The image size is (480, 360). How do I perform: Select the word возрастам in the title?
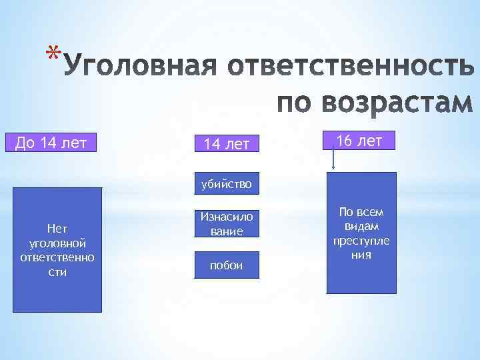(399, 103)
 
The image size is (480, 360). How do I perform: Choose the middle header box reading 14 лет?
(226, 143)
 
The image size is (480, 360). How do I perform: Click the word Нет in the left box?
(57, 229)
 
